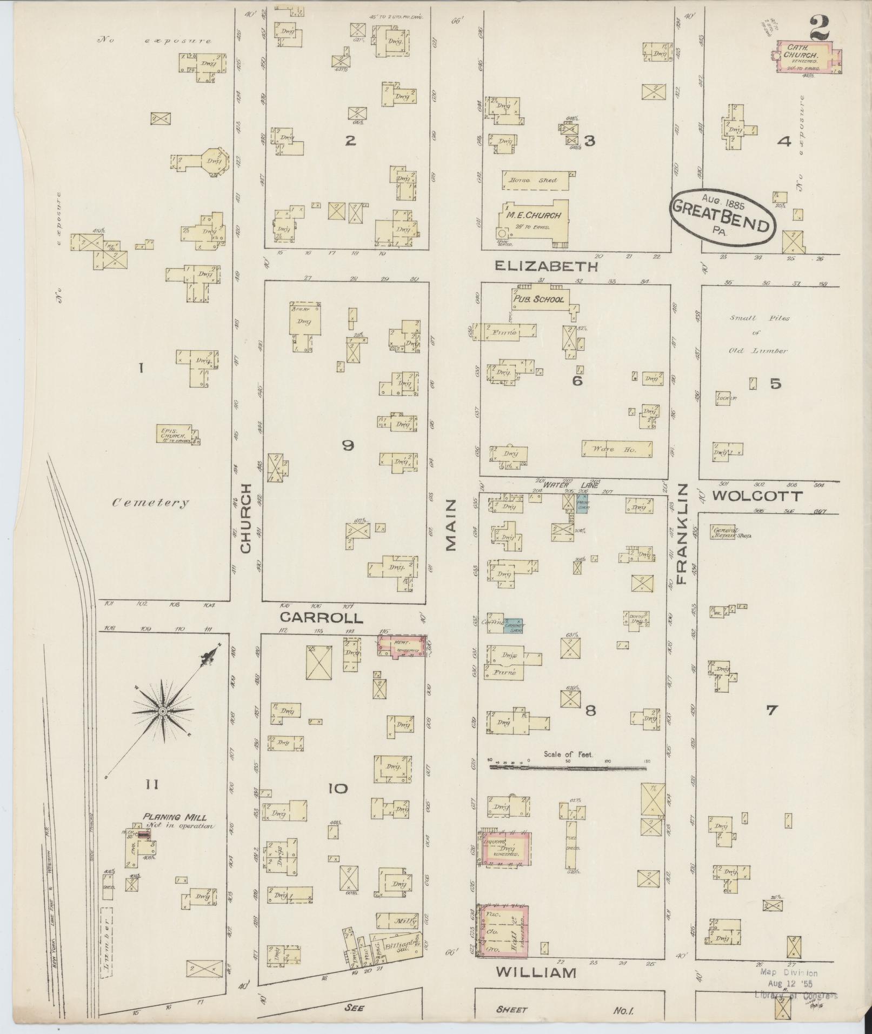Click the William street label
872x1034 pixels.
click(x=535, y=973)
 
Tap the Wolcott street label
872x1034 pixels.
click(x=757, y=496)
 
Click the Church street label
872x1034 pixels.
click(x=246, y=518)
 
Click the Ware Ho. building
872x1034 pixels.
click(x=616, y=449)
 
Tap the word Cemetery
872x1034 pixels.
click(x=151, y=503)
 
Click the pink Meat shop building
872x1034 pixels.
click(x=401, y=646)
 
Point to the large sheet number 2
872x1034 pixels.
click(x=818, y=28)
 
